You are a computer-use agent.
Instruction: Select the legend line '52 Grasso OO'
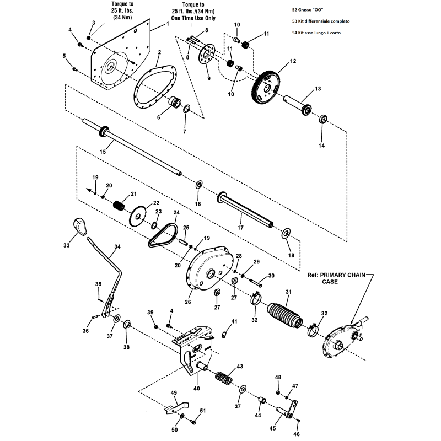point(311,10)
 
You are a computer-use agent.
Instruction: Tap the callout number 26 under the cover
point(187,302)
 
